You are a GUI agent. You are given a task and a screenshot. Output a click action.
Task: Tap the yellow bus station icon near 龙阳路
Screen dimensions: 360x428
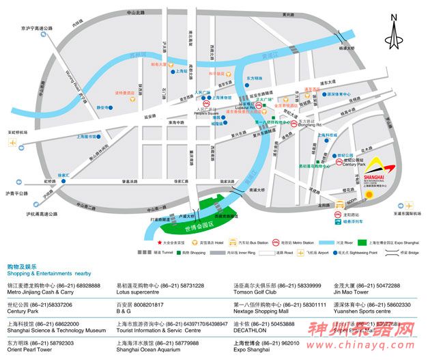[x=339, y=204]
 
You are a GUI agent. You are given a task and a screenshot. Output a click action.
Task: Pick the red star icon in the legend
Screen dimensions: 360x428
[x=160, y=242]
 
